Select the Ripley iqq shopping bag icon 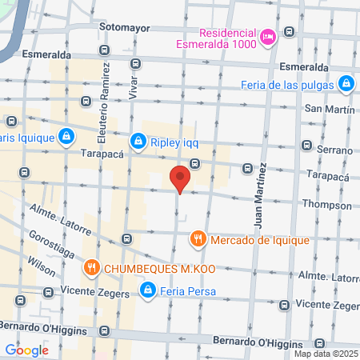[139, 142]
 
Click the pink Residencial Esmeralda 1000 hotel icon [268, 35]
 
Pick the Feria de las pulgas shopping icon [346, 82]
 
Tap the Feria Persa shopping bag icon [147, 290]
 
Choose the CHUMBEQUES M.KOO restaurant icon [92, 267]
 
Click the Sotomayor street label [125, 26]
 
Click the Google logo [26, 350]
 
